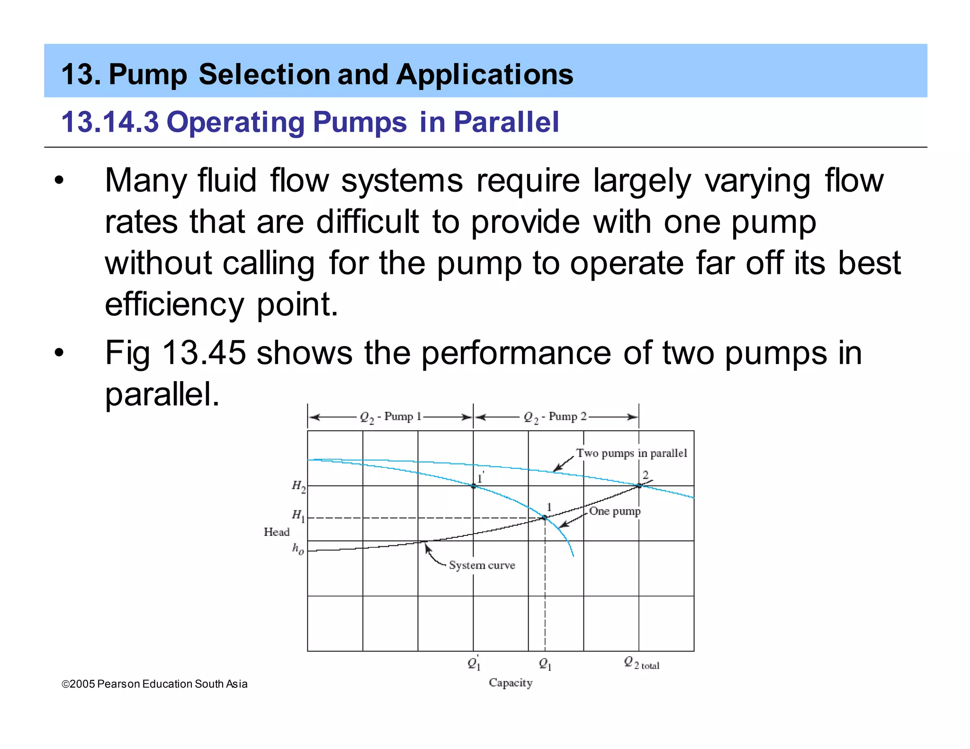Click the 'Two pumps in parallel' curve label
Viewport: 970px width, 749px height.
pos(631,453)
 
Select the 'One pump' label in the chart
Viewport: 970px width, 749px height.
pos(614,511)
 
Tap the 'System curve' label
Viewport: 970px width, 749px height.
pos(482,565)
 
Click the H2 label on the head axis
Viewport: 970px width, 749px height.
pos(298,486)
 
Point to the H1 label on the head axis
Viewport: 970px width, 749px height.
pos(298,515)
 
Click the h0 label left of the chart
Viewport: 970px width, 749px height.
pos(298,549)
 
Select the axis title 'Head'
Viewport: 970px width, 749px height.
pos(277,532)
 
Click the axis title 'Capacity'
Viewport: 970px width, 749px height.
pos(511,682)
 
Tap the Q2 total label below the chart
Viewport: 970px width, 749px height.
pos(641,663)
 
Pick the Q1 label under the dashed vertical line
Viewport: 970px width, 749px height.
pos(545,664)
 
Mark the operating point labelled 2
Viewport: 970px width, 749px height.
pos(639,485)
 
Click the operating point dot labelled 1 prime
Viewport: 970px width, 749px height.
pos(473,486)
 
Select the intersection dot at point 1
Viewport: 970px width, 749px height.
pos(545,517)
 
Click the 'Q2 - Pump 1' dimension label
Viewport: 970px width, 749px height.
pos(391,417)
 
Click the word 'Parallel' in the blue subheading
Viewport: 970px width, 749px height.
pos(506,122)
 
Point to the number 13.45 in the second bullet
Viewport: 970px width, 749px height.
pos(204,353)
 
